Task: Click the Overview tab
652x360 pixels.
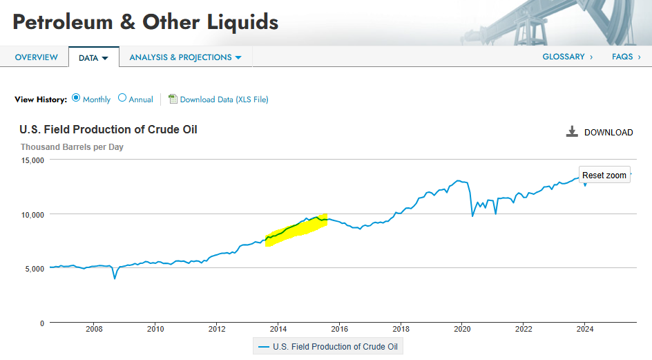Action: (36, 57)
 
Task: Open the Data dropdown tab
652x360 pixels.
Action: (93, 58)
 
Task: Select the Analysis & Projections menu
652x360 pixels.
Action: (185, 57)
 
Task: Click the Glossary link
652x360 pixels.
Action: (567, 57)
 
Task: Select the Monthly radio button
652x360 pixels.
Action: (76, 98)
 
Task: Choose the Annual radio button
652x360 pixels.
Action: (122, 98)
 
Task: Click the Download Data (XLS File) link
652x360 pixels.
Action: (223, 100)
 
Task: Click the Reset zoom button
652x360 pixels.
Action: (604, 175)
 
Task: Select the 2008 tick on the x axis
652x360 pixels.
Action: (94, 329)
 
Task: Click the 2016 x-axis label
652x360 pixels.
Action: (339, 329)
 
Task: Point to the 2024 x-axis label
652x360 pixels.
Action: (584, 329)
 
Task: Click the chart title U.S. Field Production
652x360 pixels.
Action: (108, 130)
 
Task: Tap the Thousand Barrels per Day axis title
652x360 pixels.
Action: (72, 147)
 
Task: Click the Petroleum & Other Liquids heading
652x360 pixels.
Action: (146, 22)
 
